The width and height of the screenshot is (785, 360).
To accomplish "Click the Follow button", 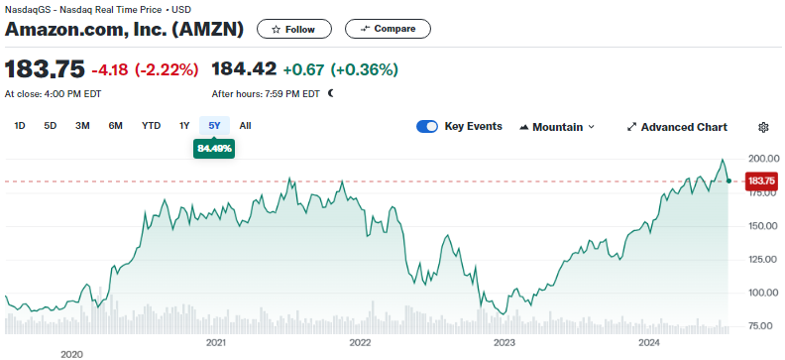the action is [x=293, y=29].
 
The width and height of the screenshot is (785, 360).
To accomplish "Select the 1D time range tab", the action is [x=20, y=126].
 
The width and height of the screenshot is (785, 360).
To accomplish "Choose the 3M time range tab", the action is [x=82, y=126].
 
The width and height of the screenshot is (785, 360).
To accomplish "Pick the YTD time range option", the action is [x=151, y=126].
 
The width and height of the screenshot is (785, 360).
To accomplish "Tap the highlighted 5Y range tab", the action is [x=214, y=126].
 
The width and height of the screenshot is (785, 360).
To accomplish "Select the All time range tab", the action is [x=245, y=126].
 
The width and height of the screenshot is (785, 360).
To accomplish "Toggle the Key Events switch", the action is [x=427, y=127].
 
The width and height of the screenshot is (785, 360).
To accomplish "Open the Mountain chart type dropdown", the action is [x=557, y=127].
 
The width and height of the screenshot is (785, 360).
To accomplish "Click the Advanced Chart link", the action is [x=677, y=127].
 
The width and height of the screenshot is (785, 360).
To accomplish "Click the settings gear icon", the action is [x=763, y=127].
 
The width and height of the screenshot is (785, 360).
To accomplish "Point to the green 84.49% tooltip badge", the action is [x=214, y=149].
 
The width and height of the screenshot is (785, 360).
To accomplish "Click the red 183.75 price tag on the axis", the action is [x=762, y=180].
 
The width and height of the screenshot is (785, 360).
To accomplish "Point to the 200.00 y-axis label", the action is [x=763, y=160].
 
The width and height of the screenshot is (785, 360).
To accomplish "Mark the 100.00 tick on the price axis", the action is [x=763, y=293].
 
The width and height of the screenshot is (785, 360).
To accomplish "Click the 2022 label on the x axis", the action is [x=360, y=343].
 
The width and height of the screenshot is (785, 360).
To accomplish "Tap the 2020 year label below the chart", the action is [x=71, y=354].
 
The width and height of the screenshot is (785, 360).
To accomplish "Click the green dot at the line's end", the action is [x=729, y=180].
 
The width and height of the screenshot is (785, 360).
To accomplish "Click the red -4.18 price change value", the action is [x=110, y=69].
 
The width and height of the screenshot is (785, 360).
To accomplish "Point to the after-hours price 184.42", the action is [x=244, y=69].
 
